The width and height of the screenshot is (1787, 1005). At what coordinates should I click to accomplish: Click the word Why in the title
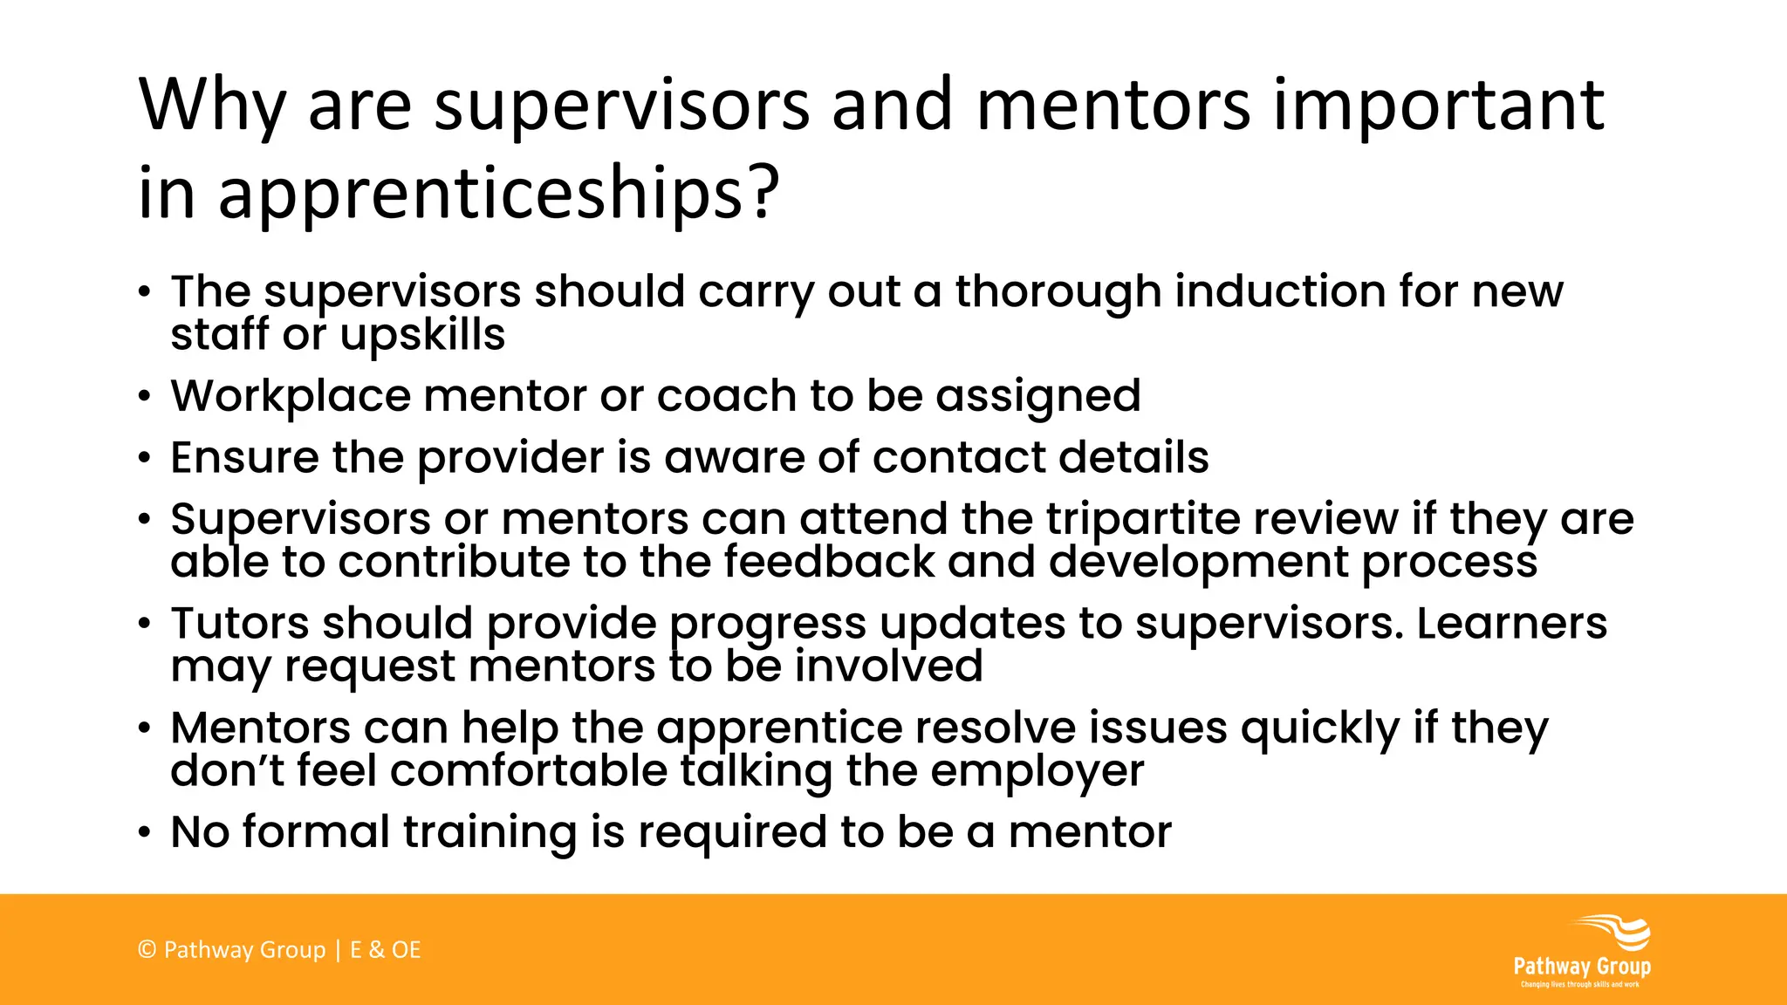pyautogui.click(x=212, y=106)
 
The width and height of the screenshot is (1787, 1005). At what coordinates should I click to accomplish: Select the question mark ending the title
pyautogui.click(x=763, y=192)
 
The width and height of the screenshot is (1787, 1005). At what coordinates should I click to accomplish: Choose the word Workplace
pyautogui.click(x=291, y=396)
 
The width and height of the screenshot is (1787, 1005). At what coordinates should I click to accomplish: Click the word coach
pyautogui.click(x=727, y=396)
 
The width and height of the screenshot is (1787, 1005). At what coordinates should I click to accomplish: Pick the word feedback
pyautogui.click(x=828, y=562)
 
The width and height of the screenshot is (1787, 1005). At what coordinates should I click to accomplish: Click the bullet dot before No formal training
pyautogui.click(x=145, y=832)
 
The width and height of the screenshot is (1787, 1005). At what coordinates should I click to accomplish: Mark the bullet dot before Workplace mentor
pyautogui.click(x=145, y=397)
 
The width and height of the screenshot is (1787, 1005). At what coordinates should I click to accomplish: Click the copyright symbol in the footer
pyautogui.click(x=147, y=950)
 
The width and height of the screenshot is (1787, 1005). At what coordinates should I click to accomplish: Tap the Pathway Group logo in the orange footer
pyautogui.click(x=1582, y=951)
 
